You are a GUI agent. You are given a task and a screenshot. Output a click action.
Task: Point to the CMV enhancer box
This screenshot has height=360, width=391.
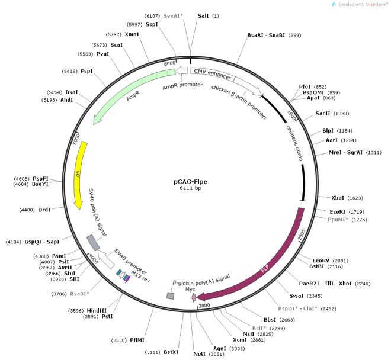[x=211, y=73]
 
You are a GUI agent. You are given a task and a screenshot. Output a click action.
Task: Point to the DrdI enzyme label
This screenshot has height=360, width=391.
[x=44, y=210]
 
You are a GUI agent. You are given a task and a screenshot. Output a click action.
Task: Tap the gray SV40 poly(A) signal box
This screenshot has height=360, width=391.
[x=94, y=242]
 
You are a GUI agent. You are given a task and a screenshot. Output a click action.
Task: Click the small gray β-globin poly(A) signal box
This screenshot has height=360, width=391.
[x=170, y=295]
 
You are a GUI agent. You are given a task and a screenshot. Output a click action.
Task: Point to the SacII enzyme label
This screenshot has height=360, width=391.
[x=323, y=114]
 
